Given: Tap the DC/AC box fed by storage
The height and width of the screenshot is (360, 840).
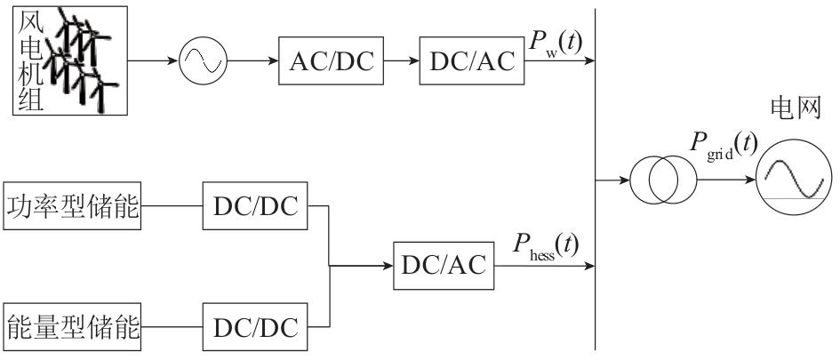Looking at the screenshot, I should pyautogui.click(x=442, y=263).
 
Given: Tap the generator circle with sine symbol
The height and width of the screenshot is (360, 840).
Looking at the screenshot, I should pyautogui.click(x=204, y=61).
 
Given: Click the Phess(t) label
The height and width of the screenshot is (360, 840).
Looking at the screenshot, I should pyautogui.click(x=544, y=244).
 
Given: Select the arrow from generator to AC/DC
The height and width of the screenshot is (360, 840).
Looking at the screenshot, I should pyautogui.click(x=253, y=61).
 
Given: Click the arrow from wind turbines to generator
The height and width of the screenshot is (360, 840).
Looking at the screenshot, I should pyautogui.click(x=153, y=61).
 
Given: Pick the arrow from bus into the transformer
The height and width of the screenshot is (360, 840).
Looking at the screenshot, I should pyautogui.click(x=612, y=181).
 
